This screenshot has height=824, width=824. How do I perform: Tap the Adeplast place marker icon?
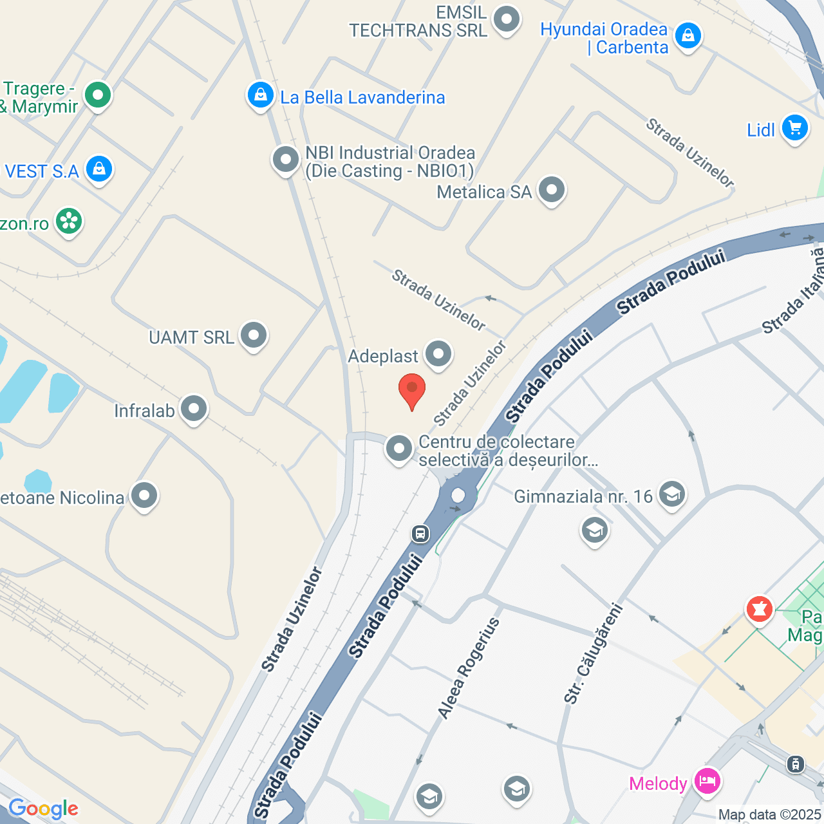pos(438,353)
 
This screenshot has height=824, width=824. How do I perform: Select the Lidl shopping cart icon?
pos(795,127)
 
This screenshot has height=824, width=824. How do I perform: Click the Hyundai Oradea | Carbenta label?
pos(604,39)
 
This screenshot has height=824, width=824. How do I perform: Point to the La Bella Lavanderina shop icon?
pos(260,95)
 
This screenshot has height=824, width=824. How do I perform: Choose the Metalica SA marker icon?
pos(552,190)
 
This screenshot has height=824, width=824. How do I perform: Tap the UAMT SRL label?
pos(191,337)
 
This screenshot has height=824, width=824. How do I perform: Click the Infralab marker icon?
pos(194,409)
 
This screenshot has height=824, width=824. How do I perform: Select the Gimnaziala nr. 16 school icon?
pos(672,494)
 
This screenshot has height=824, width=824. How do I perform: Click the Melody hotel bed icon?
pos(707,782)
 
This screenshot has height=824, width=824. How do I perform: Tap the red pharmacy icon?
pos(760,608)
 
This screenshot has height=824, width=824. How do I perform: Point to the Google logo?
pos(43,809)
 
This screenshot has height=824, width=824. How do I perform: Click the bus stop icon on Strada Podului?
pos(420,533)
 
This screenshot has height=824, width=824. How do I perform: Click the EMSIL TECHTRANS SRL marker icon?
pos(507,19)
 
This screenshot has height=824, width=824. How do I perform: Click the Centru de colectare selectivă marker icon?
pos(398,448)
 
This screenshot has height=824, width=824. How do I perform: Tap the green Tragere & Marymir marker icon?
pos(98,95)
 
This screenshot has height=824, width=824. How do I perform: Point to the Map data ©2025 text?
pos(770,815)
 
